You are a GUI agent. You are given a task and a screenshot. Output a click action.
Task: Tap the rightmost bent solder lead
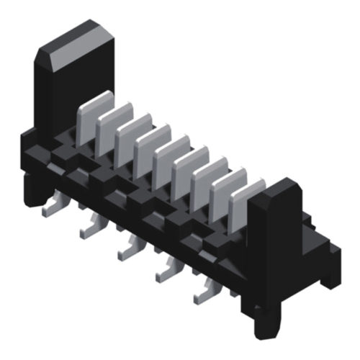203,292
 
